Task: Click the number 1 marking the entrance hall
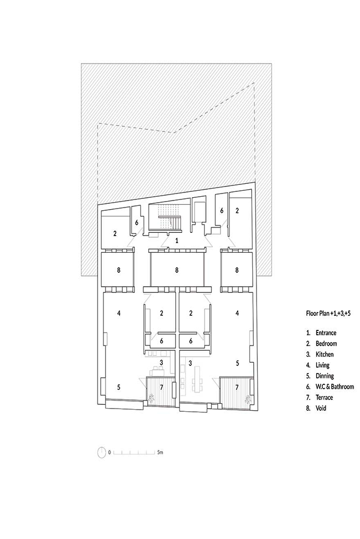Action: coord(177,240)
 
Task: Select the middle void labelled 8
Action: coord(177,270)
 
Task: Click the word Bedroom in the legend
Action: coord(326,343)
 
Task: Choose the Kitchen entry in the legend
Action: coord(324,354)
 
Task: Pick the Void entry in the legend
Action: coord(321,408)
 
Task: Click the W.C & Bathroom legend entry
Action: coord(335,386)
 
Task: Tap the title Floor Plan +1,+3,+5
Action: coord(328,313)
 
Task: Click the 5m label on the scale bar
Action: coord(160,452)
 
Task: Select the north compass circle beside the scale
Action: coord(102,452)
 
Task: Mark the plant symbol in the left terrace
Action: coord(151,398)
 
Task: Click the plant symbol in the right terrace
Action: coord(247,399)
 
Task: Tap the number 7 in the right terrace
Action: coord(237,387)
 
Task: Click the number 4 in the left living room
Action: coord(119,313)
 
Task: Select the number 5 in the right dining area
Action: coord(237,363)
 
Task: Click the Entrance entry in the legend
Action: coord(326,333)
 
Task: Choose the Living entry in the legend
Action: coord(322,365)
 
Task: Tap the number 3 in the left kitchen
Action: coord(161,362)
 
